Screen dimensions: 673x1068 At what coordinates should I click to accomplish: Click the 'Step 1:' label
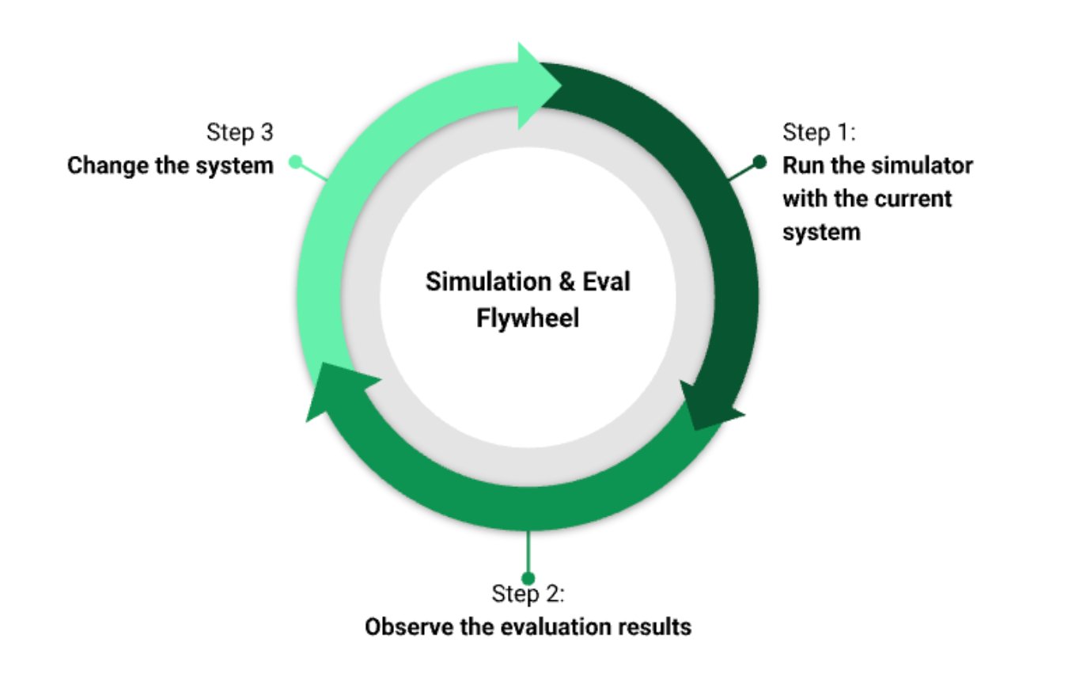(x=820, y=132)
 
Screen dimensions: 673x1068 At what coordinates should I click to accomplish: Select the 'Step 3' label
(x=240, y=132)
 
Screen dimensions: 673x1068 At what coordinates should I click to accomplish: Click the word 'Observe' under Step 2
(x=405, y=627)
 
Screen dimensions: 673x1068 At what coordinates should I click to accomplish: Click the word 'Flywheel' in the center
(x=528, y=317)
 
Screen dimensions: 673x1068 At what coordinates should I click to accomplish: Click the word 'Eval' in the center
(x=607, y=282)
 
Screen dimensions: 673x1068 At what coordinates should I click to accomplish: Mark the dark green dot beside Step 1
(x=760, y=162)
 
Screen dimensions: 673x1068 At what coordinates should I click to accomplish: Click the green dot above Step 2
(x=528, y=578)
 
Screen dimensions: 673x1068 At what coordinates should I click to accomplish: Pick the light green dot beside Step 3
(x=296, y=162)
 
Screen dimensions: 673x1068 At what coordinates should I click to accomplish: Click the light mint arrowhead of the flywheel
(x=538, y=85)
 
